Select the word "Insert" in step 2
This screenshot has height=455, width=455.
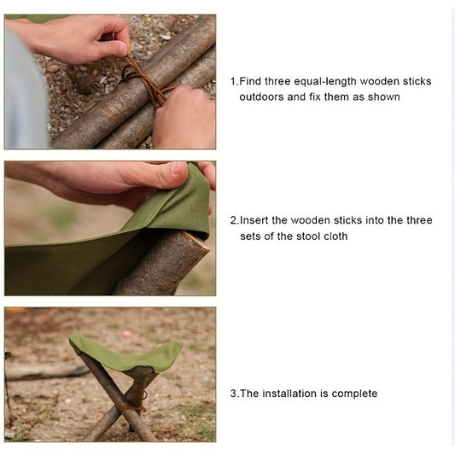[x=254, y=220]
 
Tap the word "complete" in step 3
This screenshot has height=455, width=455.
[x=354, y=394]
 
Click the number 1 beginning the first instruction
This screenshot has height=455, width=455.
[x=233, y=82]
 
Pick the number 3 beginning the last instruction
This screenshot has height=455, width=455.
[x=234, y=394]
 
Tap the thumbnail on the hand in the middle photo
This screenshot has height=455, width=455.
[x=178, y=167]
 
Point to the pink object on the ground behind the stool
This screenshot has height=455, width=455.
[x=127, y=335]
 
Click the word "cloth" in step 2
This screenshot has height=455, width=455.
[x=335, y=236]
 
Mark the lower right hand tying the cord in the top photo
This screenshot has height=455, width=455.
[x=184, y=118]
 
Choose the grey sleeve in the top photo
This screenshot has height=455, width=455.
[x=25, y=90]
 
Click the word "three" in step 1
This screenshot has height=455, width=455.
[x=277, y=82]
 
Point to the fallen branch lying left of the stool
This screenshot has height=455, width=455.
[x=46, y=371]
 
